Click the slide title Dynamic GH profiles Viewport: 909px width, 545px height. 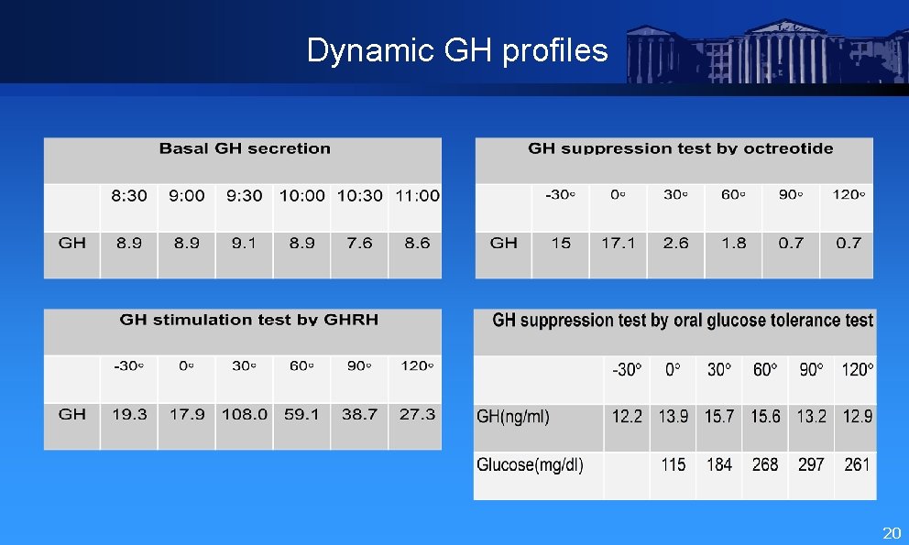coord(457,50)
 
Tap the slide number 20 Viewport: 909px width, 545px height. coord(891,533)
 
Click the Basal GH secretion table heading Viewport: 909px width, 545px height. coord(245,148)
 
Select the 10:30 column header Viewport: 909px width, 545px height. coord(359,195)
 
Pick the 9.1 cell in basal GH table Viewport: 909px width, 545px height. coord(244,243)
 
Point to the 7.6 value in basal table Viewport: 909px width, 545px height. coord(359,243)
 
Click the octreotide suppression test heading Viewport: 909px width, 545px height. coord(681,148)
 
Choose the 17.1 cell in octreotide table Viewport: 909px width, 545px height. coord(619,243)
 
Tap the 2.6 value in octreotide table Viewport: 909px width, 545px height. coord(676,243)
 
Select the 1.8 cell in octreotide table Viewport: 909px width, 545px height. coord(733,243)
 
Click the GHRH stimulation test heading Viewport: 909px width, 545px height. coord(248,320)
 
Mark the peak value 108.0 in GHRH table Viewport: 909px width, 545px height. coord(245,414)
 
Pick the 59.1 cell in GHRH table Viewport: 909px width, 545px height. coord(301,414)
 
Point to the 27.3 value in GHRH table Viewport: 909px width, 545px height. coord(417,414)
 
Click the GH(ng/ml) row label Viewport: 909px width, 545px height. coord(513,417)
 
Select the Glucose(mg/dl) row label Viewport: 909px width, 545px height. coord(530,464)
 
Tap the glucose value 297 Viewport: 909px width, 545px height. coord(811,464)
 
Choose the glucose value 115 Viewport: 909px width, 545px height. coord(674,464)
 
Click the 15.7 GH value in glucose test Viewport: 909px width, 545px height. coord(719,417)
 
